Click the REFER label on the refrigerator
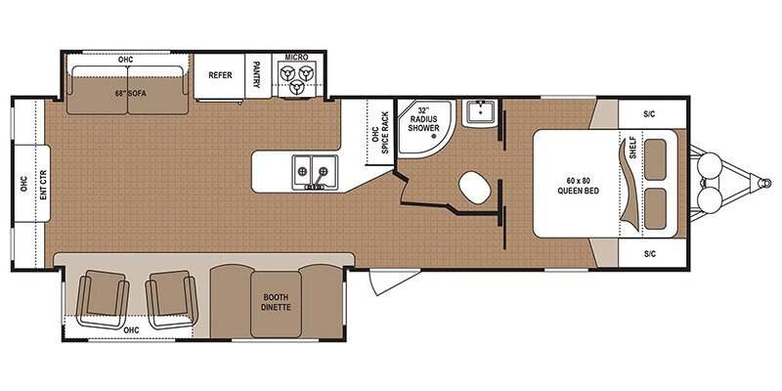click(x=220, y=75)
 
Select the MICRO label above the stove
click(x=297, y=58)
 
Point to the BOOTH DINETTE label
click(x=276, y=302)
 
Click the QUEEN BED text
click(x=578, y=191)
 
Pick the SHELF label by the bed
click(x=633, y=148)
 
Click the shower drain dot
click(x=434, y=136)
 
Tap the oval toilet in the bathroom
click(x=474, y=187)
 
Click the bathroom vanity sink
click(x=479, y=113)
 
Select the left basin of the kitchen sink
click(x=302, y=170)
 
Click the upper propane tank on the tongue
click(x=710, y=164)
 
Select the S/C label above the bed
click(x=649, y=114)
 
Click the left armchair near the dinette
click(x=103, y=298)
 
